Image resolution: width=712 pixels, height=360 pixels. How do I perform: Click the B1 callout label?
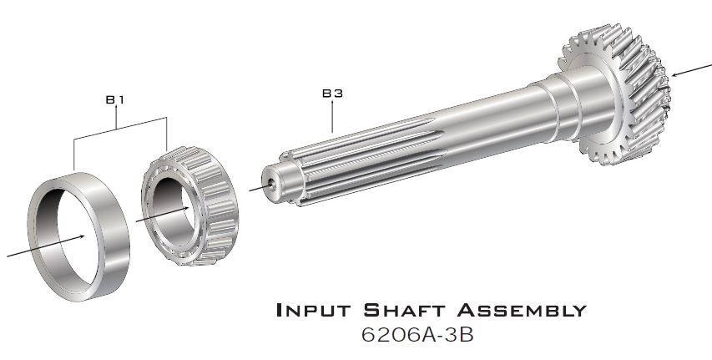(115, 100)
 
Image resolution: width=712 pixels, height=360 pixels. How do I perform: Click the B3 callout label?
(332, 94)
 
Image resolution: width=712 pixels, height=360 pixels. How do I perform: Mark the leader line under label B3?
(332, 118)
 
